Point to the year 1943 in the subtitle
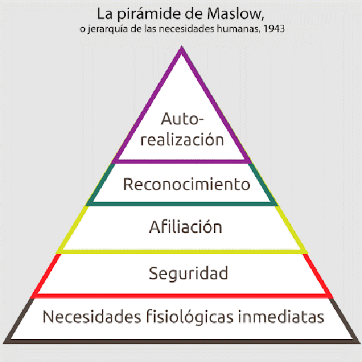coord(273,29)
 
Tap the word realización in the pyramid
coord(182,139)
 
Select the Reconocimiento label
coord(186,184)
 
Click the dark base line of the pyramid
coord(181,341)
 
